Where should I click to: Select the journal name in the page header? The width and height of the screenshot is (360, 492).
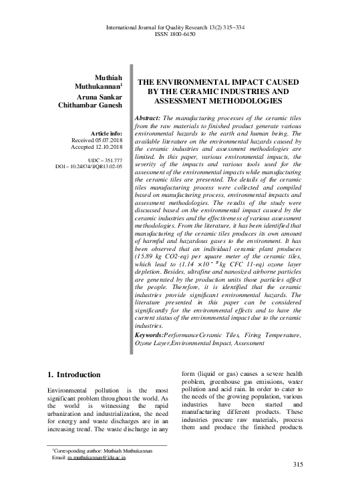click(179, 27)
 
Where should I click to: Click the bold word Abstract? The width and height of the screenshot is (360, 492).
click(151, 117)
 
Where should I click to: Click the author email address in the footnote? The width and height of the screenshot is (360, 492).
click(94, 459)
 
